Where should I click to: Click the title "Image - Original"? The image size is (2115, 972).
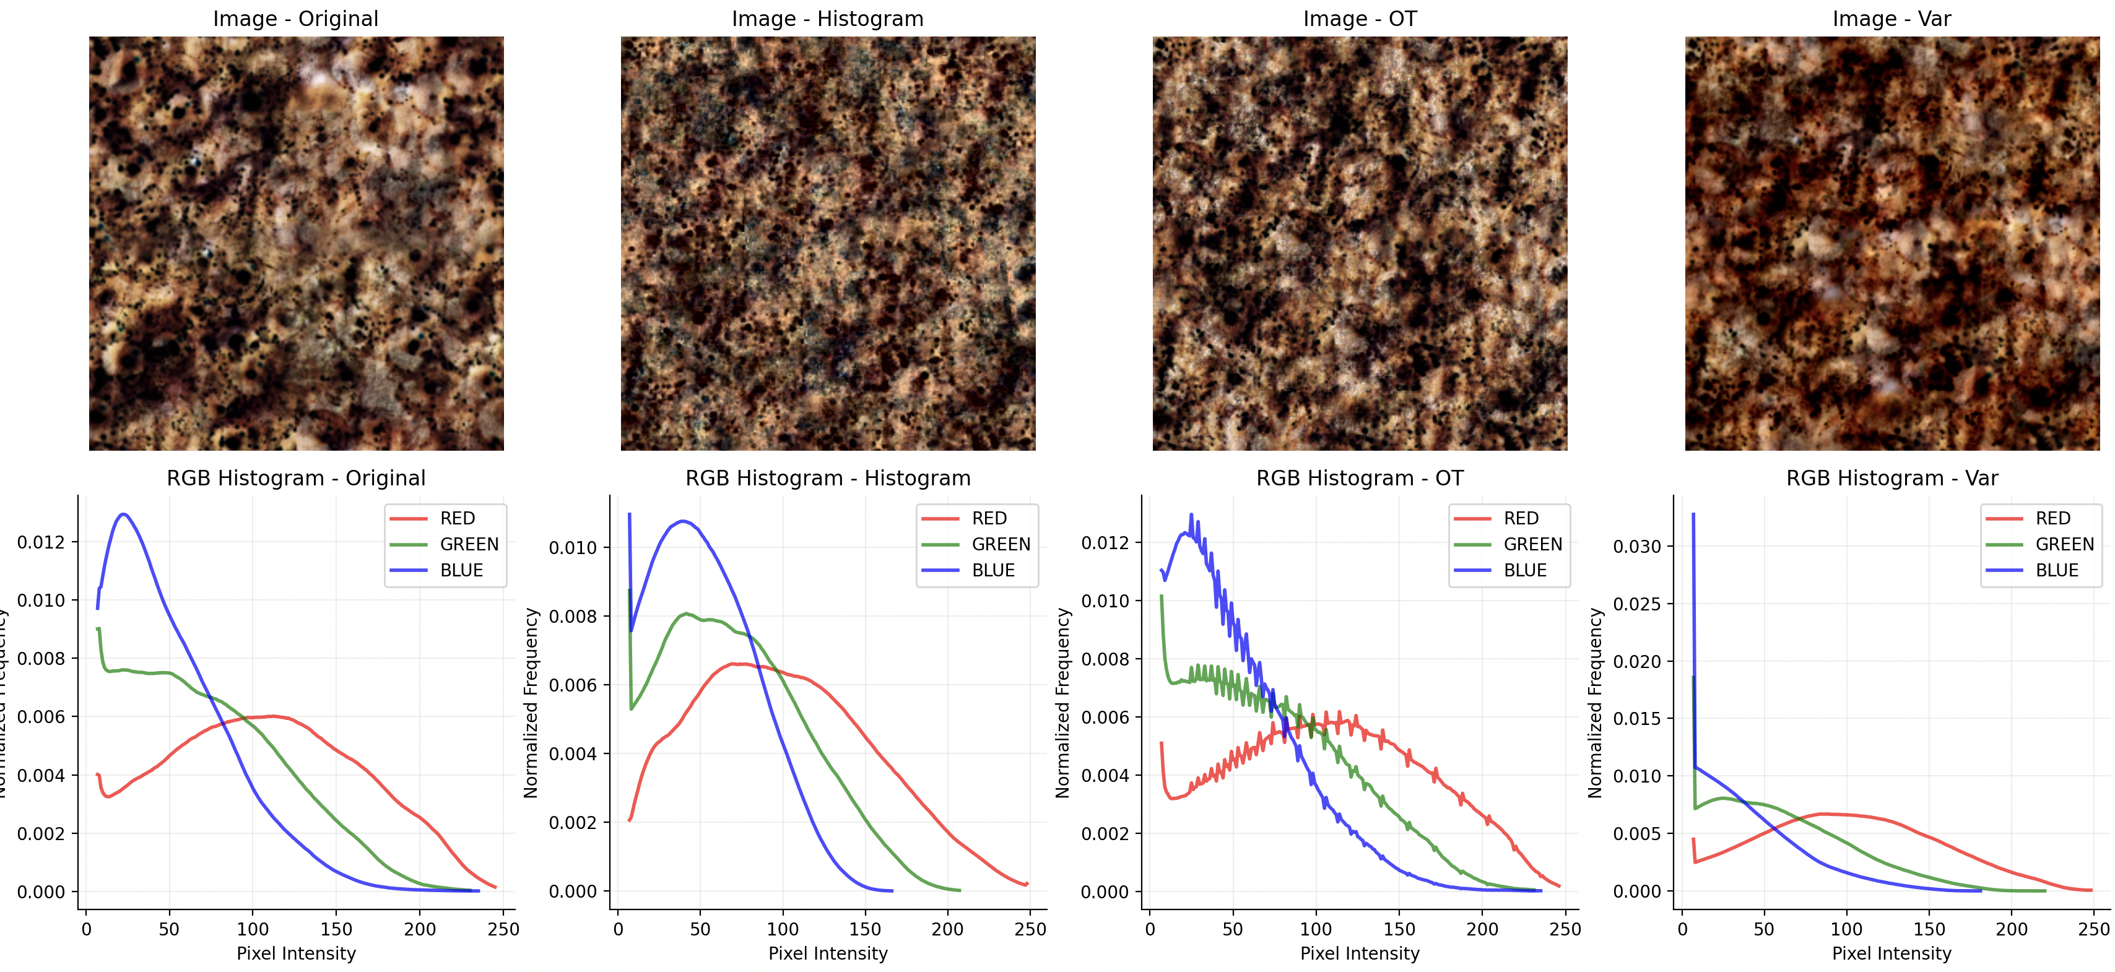point(295,19)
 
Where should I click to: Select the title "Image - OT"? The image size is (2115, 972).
point(1360,19)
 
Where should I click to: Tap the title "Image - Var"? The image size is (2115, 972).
point(1891,19)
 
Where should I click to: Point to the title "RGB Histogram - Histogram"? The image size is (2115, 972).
point(828,478)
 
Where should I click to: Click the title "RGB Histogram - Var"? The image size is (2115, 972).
point(1891,478)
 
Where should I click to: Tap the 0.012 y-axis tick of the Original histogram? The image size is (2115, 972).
point(41,542)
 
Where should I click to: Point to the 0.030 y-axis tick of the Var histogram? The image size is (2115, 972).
point(1637,547)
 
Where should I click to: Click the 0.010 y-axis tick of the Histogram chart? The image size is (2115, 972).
point(573,547)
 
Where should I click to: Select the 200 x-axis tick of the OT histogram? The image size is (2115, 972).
point(1482,929)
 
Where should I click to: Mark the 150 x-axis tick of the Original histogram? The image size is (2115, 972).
point(336,929)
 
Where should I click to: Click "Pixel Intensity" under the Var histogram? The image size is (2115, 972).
point(1891,953)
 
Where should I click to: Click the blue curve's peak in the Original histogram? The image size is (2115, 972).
point(124,514)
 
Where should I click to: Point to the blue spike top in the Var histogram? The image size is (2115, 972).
point(1693,514)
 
